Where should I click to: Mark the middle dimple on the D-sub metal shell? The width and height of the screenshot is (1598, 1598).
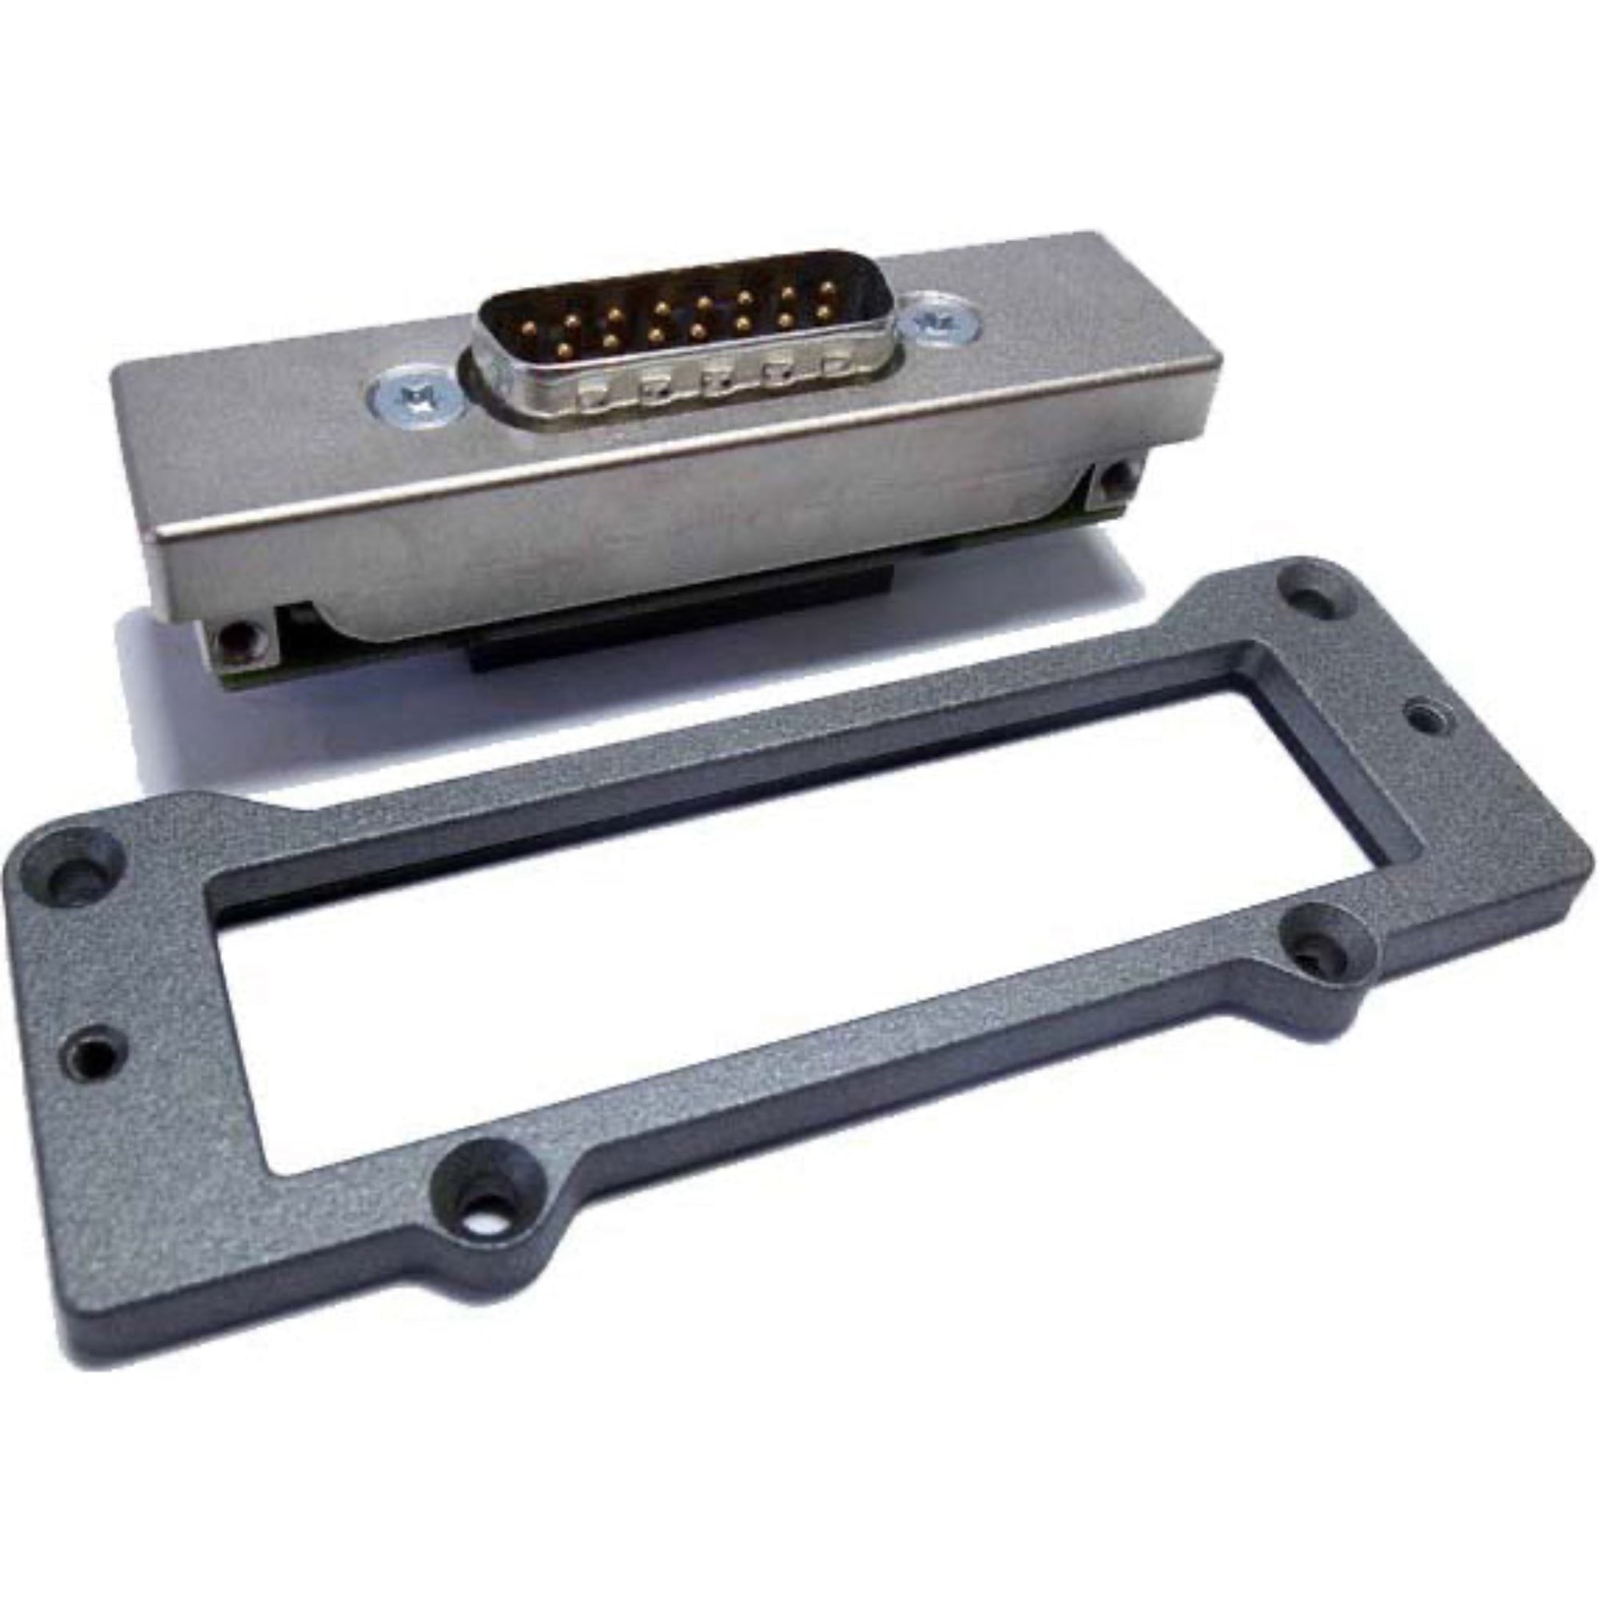pos(715,377)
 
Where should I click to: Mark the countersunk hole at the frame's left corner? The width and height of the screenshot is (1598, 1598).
pos(78,866)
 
